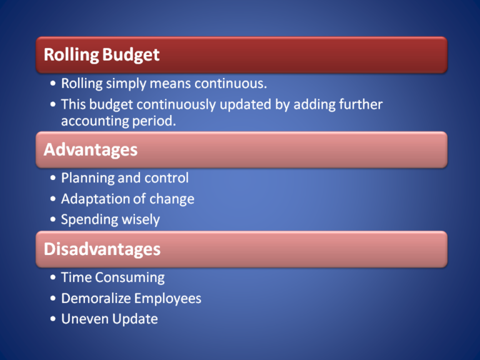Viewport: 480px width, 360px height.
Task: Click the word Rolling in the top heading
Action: point(71,55)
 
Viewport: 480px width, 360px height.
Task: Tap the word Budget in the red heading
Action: point(131,55)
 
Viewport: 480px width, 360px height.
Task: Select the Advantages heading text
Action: point(91,150)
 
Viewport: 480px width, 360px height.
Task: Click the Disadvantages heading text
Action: point(102,249)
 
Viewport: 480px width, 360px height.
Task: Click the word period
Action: point(154,121)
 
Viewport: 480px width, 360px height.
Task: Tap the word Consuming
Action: point(130,278)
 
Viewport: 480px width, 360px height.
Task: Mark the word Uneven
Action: point(85,319)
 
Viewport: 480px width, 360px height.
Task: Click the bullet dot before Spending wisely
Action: point(53,219)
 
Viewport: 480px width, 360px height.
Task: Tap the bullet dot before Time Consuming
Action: point(53,277)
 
